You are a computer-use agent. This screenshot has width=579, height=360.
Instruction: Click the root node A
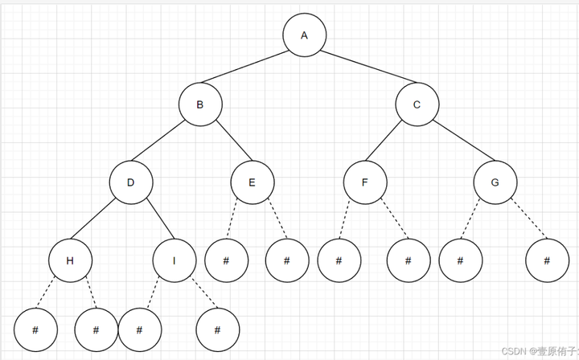304,35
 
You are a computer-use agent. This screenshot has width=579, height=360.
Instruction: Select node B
200,104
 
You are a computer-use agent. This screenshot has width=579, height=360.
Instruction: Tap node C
417,104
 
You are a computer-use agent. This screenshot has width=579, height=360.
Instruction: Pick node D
131,182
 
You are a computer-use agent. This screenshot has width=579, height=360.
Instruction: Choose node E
252,182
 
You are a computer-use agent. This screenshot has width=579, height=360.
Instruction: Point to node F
364,182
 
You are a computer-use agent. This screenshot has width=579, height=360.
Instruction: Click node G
495,182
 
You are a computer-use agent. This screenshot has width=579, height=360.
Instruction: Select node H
70,260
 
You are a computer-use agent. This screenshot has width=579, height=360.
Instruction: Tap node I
175,260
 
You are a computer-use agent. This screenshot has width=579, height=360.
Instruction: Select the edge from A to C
360,69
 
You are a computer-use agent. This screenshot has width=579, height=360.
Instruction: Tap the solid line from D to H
101,221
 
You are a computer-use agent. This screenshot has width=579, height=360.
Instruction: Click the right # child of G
547,260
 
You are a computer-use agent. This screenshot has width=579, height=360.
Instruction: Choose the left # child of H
35,329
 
